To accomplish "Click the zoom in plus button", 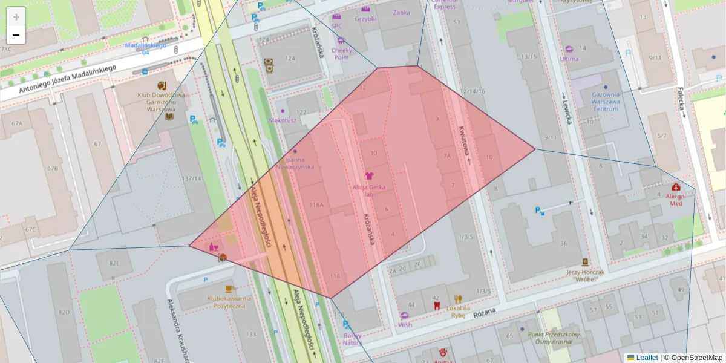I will click(x=16, y=17).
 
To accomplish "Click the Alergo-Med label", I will click(x=675, y=200).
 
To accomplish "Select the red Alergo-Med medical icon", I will click(x=676, y=187).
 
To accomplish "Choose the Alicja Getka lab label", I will click(x=369, y=190).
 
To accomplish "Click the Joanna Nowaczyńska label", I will click(x=294, y=163).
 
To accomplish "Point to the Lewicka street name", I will click(x=569, y=110).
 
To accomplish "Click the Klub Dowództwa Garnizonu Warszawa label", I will click(x=161, y=99).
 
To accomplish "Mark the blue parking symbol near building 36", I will click(x=539, y=211).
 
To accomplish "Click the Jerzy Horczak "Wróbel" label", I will click(x=585, y=275).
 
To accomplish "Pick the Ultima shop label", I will click(x=569, y=59).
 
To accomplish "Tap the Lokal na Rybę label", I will click(x=459, y=311).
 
